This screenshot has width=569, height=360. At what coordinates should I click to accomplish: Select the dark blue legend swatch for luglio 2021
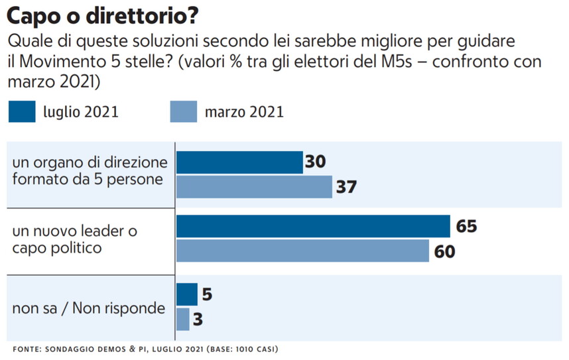(31, 111)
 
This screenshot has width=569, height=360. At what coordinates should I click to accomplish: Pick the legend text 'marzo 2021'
(243, 112)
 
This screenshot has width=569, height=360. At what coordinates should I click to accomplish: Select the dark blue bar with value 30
(239, 162)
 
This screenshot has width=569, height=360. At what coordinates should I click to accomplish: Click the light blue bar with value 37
(254, 187)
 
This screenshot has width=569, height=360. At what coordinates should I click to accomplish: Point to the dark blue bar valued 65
(313, 227)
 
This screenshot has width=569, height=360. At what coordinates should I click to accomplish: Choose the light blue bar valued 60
(302, 251)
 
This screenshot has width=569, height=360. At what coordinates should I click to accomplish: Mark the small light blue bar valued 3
(183, 319)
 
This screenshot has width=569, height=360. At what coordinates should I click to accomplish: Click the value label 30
(316, 162)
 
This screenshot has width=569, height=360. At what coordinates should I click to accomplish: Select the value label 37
(346, 187)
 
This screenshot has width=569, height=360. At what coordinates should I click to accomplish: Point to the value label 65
(466, 227)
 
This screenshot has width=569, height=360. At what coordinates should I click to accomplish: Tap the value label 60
(444, 252)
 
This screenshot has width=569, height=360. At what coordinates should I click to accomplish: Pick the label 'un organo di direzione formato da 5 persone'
(90, 171)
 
